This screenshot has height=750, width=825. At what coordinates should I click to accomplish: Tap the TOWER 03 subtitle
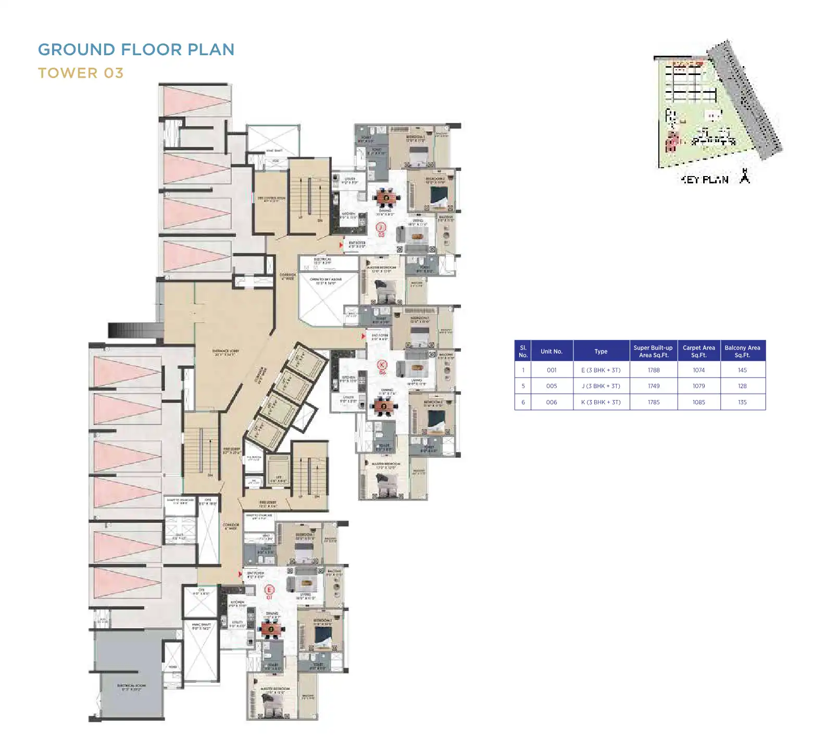pyautogui.click(x=81, y=73)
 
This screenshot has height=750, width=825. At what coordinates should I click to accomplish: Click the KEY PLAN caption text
pyautogui.click(x=705, y=180)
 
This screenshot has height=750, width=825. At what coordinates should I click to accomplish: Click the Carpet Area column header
pyautogui.click(x=698, y=351)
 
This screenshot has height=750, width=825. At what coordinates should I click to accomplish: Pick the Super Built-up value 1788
pyautogui.click(x=653, y=370)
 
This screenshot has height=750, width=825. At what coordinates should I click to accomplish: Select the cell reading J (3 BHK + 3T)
pyautogui.click(x=601, y=386)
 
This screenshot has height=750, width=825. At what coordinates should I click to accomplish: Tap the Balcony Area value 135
pyautogui.click(x=742, y=403)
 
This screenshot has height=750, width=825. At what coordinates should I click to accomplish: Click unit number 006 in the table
pyautogui.click(x=551, y=403)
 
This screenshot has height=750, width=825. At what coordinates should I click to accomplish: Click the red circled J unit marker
pyautogui.click(x=381, y=227)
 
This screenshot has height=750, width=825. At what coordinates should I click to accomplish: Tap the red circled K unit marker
pyautogui.click(x=382, y=365)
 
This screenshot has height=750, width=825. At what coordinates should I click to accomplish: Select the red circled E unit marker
pyautogui.click(x=269, y=590)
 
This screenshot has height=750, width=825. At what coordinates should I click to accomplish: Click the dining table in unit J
pyautogui.click(x=386, y=198)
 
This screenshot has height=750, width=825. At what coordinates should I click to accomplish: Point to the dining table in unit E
pyautogui.click(x=271, y=630)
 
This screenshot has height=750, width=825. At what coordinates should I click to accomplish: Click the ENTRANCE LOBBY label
pyautogui.click(x=226, y=353)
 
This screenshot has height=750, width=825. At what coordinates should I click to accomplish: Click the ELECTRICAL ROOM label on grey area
pyautogui.click(x=131, y=687)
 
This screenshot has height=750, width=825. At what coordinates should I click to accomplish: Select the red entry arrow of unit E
pyautogui.click(x=240, y=574)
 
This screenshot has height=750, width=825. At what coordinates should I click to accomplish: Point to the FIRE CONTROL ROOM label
pyautogui.click(x=271, y=198)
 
